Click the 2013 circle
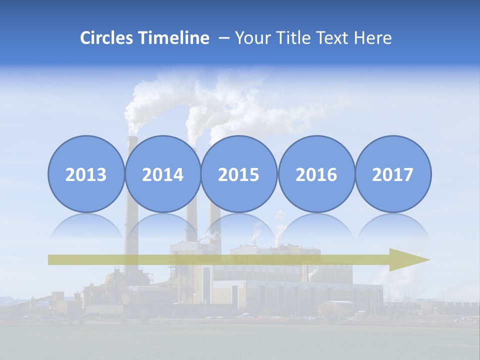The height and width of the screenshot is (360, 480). (86, 174)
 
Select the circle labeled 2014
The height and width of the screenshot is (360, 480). (162, 174)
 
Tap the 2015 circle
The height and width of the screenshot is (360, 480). (239, 174)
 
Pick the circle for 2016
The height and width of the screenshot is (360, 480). (316, 174)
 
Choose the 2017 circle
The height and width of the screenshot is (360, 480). (393, 174)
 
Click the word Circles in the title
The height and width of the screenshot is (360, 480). (107, 38)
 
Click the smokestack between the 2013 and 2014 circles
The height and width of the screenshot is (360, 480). (131, 145)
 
